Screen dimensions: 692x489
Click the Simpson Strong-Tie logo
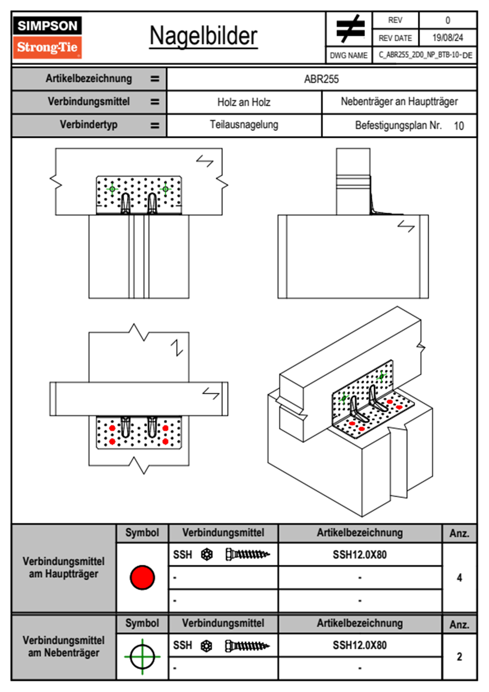click(x=47, y=37)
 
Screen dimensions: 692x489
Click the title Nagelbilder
click(x=203, y=36)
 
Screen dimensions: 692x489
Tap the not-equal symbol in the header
click(x=350, y=29)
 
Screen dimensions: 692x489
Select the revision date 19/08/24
click(x=447, y=38)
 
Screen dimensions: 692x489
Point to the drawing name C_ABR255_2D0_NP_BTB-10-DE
click(x=425, y=55)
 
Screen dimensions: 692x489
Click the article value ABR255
click(x=321, y=79)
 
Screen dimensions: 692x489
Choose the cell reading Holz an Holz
click(x=244, y=102)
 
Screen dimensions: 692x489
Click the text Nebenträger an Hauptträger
click(x=399, y=102)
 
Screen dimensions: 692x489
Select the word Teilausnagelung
click(x=244, y=125)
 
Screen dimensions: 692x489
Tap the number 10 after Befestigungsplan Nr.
click(x=459, y=126)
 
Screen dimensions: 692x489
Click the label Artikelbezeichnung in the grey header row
click(x=89, y=79)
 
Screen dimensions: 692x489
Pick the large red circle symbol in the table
click(x=142, y=577)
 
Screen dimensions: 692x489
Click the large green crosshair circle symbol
click(x=142, y=657)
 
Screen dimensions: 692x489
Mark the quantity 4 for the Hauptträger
click(x=459, y=578)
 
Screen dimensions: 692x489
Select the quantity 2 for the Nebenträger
click(x=459, y=657)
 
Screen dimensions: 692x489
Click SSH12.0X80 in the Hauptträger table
click(x=360, y=555)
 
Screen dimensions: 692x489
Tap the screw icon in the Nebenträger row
click(x=247, y=646)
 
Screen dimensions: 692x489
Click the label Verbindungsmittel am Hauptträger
click(x=64, y=568)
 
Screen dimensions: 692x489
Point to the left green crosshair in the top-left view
click(x=112, y=189)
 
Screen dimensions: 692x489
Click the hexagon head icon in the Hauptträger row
click(x=207, y=555)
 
